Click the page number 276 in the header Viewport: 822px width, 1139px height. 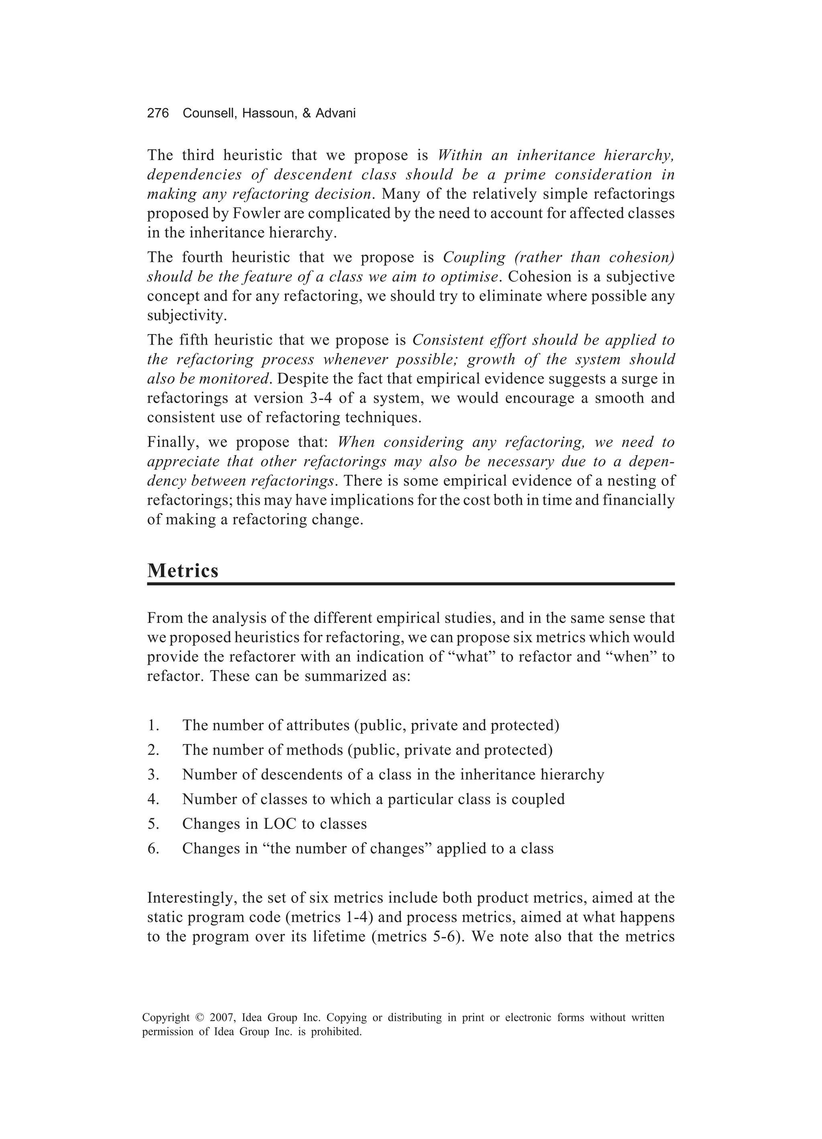(x=158, y=114)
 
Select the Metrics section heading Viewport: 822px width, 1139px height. (x=183, y=571)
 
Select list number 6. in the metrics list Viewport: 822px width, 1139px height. (x=153, y=849)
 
